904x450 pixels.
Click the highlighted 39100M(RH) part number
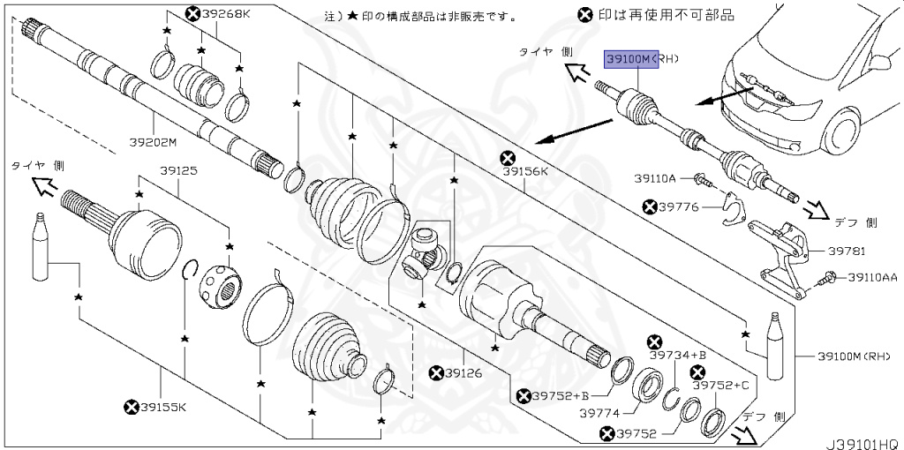pyautogui.click(x=639, y=59)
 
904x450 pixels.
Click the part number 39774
pyautogui.click(x=600, y=412)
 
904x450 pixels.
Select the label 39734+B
pyautogui.click(x=679, y=355)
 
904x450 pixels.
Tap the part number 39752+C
pyautogui.click(x=720, y=386)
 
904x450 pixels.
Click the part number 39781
pyautogui.click(x=848, y=251)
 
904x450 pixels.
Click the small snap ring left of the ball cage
pyautogui.click(x=189, y=269)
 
